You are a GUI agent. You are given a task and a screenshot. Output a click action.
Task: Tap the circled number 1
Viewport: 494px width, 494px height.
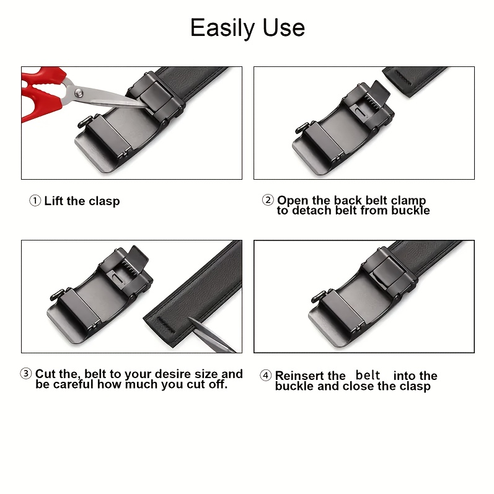[35, 201]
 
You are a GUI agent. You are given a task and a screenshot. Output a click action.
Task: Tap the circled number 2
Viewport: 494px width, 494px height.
[268, 200]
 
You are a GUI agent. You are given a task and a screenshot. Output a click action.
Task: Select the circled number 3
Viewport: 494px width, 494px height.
[26, 374]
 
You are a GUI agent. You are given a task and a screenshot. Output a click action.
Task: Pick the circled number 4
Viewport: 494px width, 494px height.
[265, 376]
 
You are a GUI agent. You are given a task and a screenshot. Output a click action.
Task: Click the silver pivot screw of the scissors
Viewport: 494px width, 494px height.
[79, 92]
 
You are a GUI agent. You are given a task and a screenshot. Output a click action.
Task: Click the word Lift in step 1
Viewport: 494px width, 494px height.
[54, 201]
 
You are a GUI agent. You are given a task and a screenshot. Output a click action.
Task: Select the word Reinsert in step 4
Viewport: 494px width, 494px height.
[311, 376]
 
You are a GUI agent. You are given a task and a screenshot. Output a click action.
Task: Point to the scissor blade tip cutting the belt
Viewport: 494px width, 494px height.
[190, 319]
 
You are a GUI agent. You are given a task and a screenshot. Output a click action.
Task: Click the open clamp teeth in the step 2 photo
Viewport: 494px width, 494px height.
[372, 102]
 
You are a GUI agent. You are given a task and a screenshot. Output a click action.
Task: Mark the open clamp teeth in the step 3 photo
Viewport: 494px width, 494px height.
[130, 267]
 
